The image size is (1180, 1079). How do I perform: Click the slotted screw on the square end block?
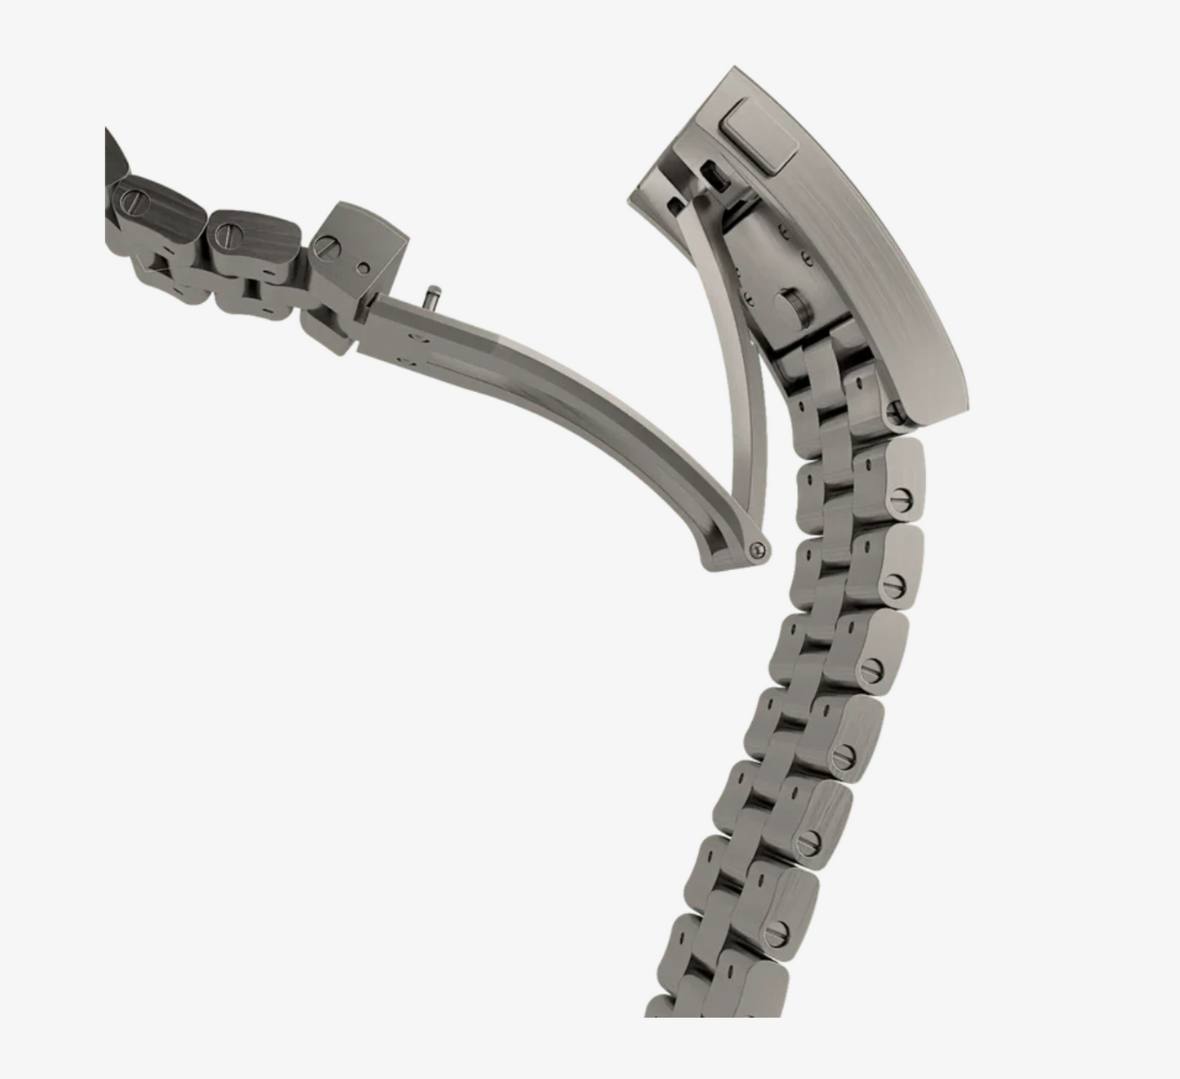point(327,244)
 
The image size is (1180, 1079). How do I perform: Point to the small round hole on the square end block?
point(363,268)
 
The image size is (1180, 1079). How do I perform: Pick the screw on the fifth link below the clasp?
point(808,843)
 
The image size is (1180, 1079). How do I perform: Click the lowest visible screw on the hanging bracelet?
point(777,930)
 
